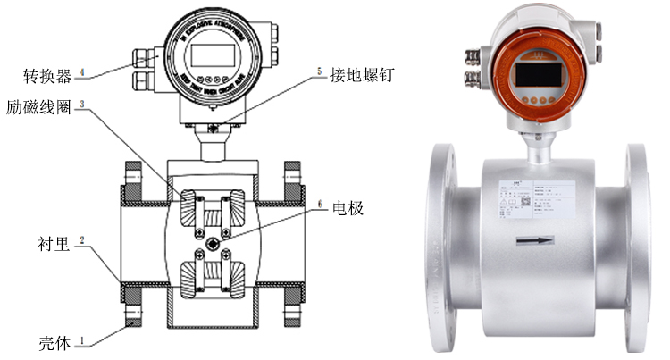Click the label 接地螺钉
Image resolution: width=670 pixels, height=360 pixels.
coord(358,75)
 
